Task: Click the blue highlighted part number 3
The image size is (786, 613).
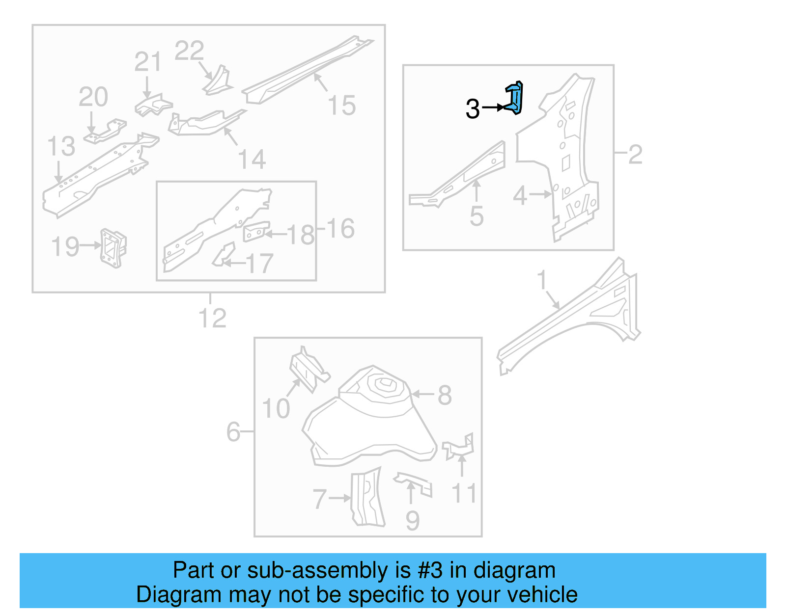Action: point(515,98)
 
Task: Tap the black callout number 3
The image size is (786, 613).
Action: point(473,108)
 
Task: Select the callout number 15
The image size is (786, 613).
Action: point(341,106)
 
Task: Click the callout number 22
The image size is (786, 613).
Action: point(189,51)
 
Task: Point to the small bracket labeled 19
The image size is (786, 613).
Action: point(113,248)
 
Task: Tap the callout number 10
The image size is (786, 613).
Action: point(276,408)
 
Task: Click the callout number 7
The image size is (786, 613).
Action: point(319,499)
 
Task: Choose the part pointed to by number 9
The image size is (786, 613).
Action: point(414,483)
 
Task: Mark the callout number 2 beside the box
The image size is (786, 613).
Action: point(635,155)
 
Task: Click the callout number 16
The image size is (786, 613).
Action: point(340,229)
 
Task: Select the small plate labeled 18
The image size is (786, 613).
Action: point(256,232)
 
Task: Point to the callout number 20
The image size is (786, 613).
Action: point(93,97)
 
